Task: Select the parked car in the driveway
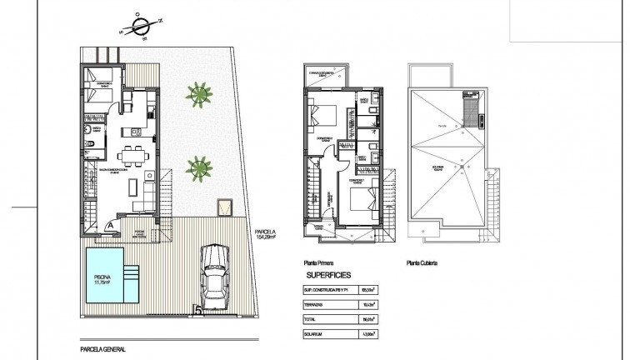(215, 271)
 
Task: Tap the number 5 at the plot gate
(197, 312)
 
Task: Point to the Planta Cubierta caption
(422, 262)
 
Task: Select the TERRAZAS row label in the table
(315, 304)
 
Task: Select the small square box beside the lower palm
(222, 206)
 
